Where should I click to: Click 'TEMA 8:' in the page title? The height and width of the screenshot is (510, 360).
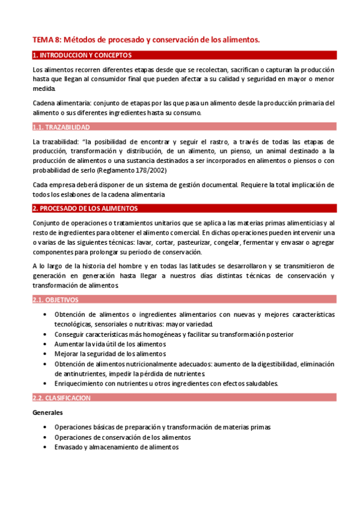click(x=47, y=40)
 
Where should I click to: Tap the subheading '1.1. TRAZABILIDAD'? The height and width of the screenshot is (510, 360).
click(x=61, y=127)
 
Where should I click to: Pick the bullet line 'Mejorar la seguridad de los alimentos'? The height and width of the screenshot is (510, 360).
click(x=110, y=354)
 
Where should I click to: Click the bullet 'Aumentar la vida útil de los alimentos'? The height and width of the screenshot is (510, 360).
click(x=110, y=344)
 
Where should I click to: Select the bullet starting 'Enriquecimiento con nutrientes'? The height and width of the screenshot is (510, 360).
click(x=166, y=383)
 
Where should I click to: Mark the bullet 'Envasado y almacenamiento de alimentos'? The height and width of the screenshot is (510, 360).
click(x=116, y=447)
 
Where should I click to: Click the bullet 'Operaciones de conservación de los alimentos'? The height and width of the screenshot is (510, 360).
click(x=123, y=437)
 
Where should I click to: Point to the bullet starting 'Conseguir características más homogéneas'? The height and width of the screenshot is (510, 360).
click(x=174, y=334)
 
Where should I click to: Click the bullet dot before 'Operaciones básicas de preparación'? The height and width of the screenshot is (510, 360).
click(x=46, y=427)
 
